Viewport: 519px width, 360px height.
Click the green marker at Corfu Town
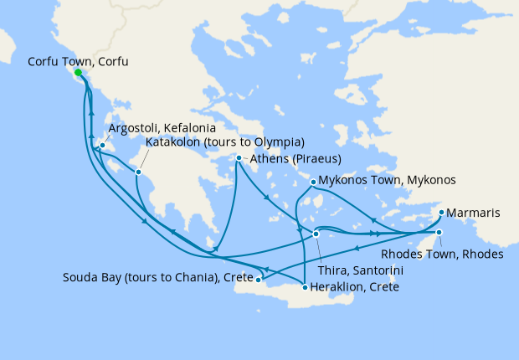pos(79,73)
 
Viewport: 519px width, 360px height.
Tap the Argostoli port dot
pos(101,147)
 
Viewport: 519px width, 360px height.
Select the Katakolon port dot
pos(140,172)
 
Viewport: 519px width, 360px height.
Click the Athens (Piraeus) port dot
pos(239,158)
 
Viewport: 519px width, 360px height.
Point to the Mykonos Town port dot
pos(313,181)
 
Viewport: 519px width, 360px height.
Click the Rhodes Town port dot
pos(439,233)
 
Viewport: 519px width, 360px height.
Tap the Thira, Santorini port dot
pos(316,234)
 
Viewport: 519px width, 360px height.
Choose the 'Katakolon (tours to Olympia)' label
pos(224,142)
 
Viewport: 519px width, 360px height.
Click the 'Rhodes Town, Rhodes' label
pos(442,255)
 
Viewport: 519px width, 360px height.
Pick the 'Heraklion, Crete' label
pos(354,287)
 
